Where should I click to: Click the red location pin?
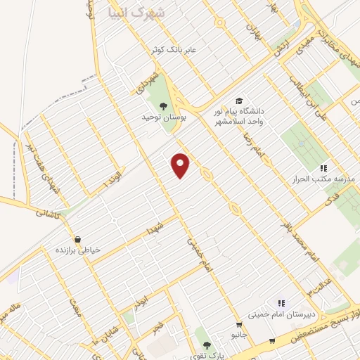click(x=181, y=165)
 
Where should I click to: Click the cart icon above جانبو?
click(x=239, y=325)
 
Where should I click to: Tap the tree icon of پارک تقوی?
click(x=206, y=345)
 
